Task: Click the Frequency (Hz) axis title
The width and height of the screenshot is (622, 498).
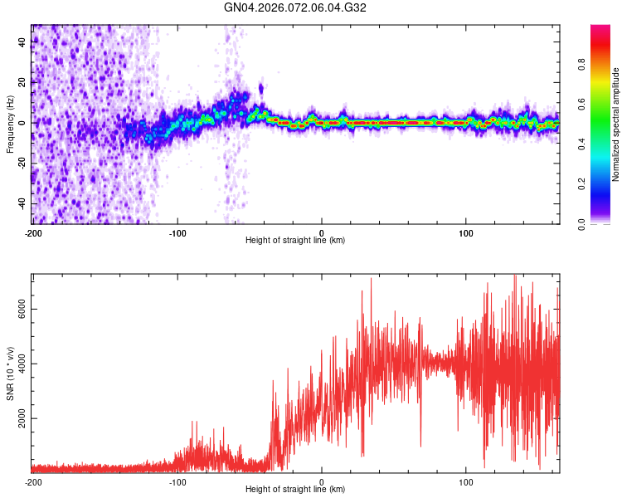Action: (x=10, y=124)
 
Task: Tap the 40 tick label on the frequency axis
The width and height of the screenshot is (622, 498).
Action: (x=22, y=42)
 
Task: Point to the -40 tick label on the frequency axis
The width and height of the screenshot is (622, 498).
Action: (x=21, y=203)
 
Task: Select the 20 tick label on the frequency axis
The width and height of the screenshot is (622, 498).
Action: (x=22, y=83)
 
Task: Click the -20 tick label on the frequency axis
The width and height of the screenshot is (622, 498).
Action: (x=21, y=164)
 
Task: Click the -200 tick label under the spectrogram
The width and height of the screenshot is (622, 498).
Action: (x=33, y=233)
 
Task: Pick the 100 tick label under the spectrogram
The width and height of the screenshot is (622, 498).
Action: (x=466, y=233)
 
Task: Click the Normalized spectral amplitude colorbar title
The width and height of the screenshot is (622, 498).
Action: (x=615, y=124)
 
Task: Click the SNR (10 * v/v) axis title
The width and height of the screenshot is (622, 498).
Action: (x=10, y=373)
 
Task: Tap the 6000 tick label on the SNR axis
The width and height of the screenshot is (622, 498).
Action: (x=17, y=308)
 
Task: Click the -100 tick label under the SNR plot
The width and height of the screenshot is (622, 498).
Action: (x=177, y=482)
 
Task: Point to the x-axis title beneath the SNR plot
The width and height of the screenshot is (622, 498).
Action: (x=295, y=491)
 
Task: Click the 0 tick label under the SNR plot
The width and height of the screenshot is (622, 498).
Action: (x=322, y=482)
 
